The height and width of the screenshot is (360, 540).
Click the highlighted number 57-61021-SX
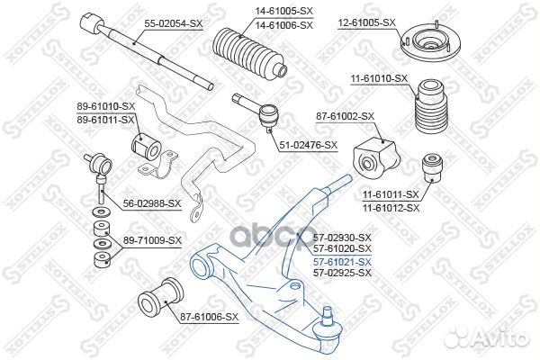click(x=341, y=261)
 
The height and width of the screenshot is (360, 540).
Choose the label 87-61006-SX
click(x=209, y=317)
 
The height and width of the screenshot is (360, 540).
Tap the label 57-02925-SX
click(x=341, y=271)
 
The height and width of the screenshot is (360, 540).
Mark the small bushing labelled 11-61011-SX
click(x=432, y=167)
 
